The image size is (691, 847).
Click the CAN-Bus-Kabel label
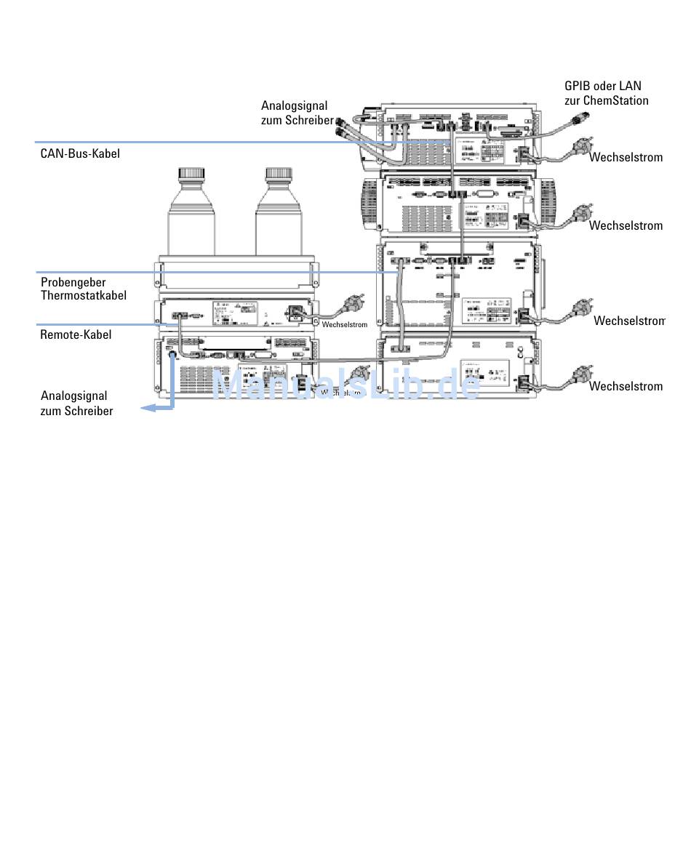[x=80, y=153]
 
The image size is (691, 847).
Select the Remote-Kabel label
[x=76, y=334]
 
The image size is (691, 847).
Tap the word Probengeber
[x=73, y=283]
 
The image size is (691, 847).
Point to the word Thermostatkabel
[x=84, y=295]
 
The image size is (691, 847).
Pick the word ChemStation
[x=615, y=100]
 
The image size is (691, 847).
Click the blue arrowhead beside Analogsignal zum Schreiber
[x=146, y=408]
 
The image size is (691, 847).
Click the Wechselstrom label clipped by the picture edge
[x=629, y=321]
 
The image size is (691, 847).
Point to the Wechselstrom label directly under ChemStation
[x=626, y=157]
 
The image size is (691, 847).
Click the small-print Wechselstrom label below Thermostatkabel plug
[x=344, y=324]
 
